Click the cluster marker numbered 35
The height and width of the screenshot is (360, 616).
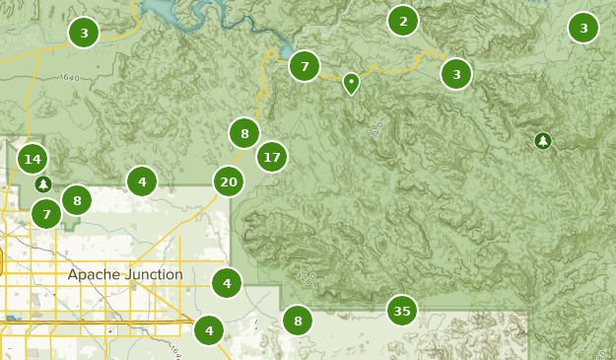coord(401,311)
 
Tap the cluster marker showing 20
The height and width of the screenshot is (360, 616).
coord(229,181)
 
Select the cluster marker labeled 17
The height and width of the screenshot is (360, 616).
coord(272,157)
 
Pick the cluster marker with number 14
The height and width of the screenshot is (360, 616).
coord(33,159)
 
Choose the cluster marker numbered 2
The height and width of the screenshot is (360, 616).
coord(402,21)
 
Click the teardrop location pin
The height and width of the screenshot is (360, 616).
coord(351,83)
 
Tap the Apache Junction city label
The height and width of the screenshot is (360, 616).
coord(125,274)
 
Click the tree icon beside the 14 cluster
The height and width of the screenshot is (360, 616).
coord(42,184)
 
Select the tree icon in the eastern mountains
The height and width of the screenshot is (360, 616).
coord(543,141)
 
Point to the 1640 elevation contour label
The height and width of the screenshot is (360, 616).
coord(68,77)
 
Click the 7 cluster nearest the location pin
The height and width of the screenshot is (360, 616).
coord(305,66)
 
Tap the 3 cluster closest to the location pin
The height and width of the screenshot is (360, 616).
coord(455,73)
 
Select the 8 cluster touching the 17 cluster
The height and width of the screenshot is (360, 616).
coord(244,132)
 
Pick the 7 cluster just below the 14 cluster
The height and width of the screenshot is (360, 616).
coord(46,213)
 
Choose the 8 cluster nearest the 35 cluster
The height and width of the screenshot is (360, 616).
coord(297,321)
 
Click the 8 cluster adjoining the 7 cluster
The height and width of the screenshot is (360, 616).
coord(77,200)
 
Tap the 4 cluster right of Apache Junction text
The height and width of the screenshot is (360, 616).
coord(227,283)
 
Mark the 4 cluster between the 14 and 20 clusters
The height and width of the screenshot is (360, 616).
coord(142,181)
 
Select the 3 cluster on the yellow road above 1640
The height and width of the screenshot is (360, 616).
coord(84,34)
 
